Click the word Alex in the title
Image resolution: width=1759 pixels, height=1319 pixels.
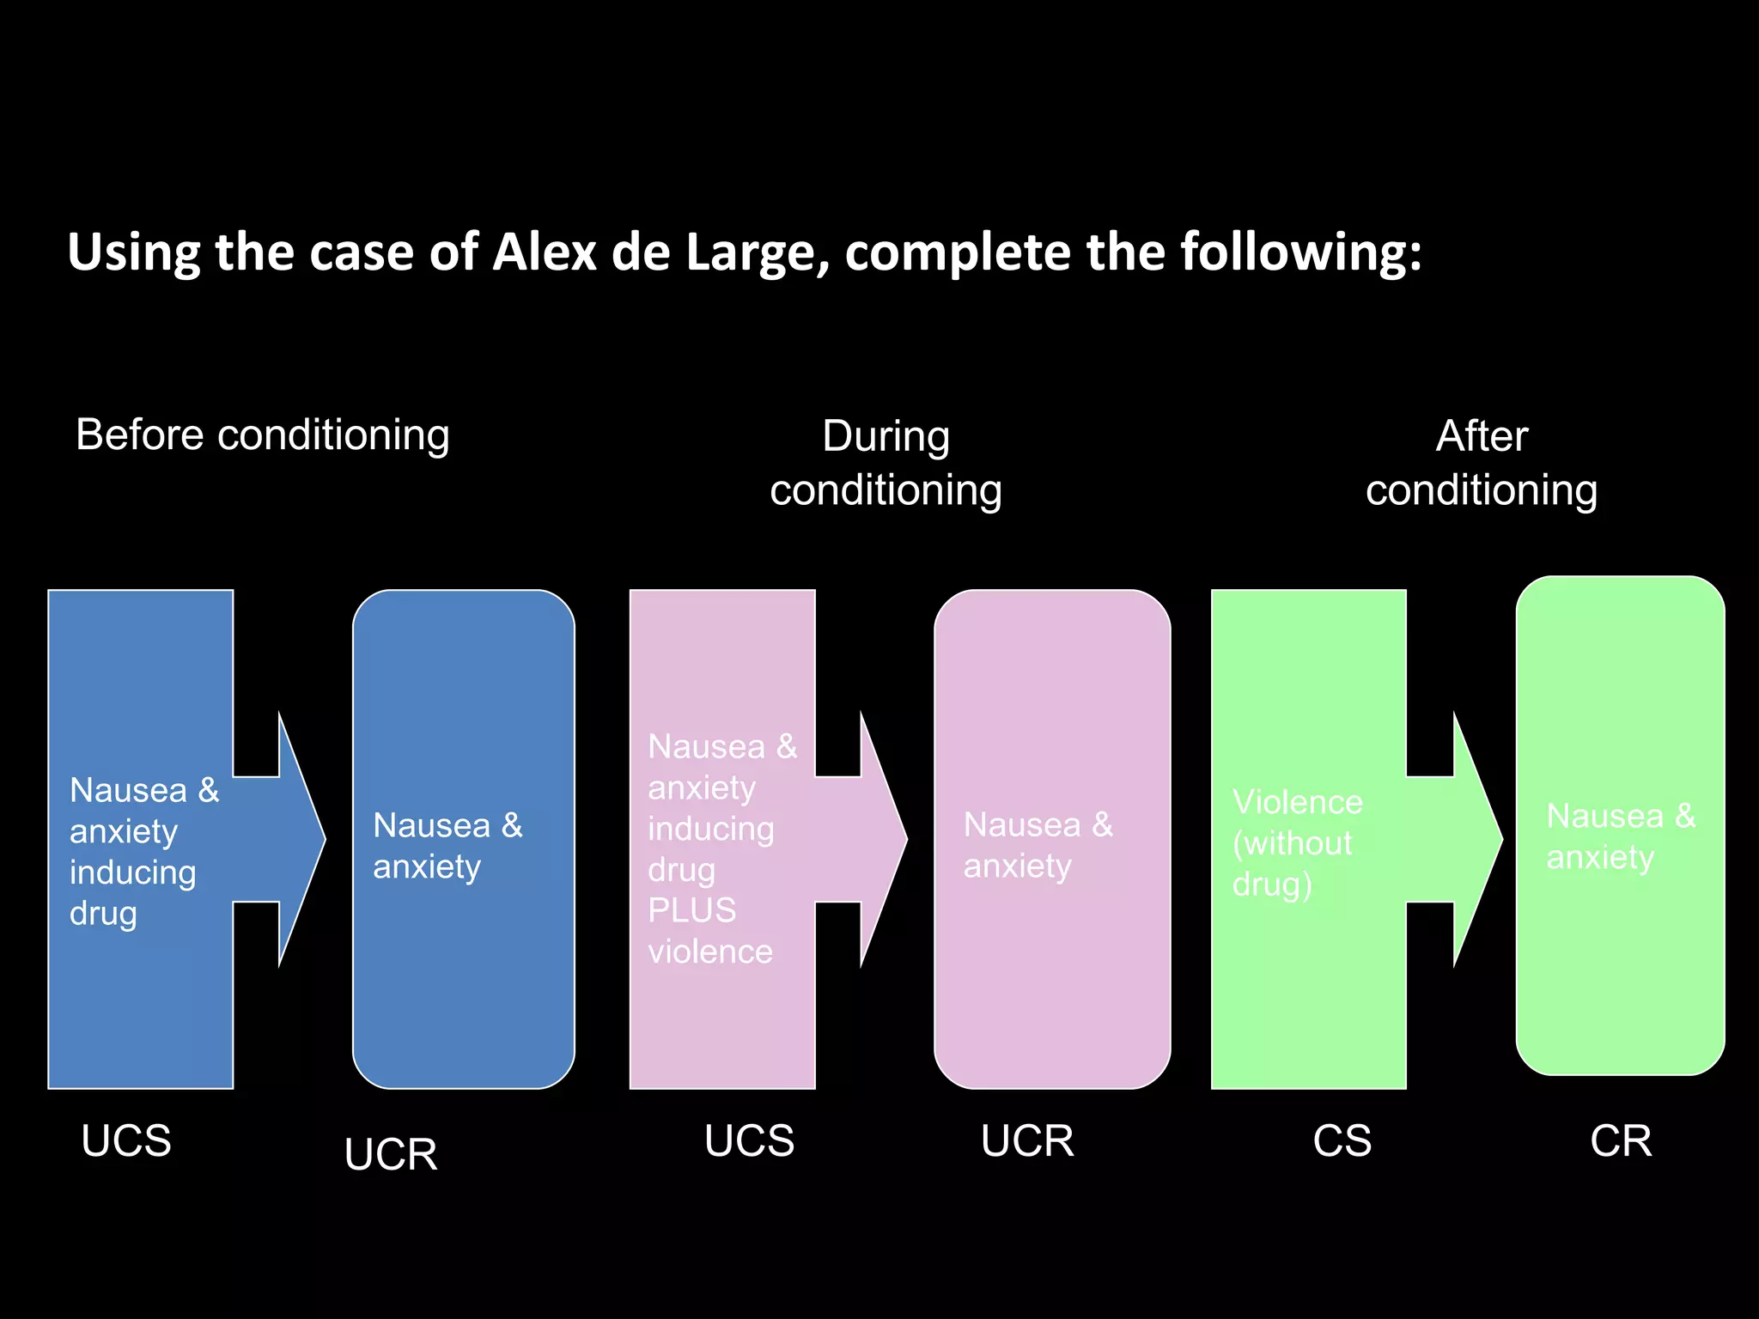(x=545, y=252)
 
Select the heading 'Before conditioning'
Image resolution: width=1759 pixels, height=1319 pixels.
(x=263, y=435)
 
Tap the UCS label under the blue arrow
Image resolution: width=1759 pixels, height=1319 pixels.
(x=126, y=1141)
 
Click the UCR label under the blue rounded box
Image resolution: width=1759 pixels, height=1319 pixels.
(x=391, y=1154)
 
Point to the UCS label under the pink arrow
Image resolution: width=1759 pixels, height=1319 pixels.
(x=750, y=1141)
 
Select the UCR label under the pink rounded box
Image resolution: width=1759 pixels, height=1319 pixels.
(x=1027, y=1141)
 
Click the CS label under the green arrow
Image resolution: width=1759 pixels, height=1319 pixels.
(x=1342, y=1141)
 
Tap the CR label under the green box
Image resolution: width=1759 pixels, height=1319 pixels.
(x=1621, y=1141)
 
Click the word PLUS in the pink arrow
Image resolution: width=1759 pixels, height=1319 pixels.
(x=692, y=910)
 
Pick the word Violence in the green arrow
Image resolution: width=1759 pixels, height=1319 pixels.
(x=1298, y=802)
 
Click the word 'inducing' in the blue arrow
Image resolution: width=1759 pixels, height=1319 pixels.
(x=133, y=872)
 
